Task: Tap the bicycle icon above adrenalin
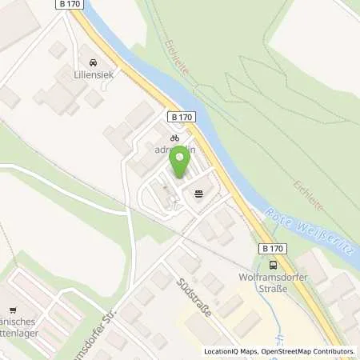tap(174, 138)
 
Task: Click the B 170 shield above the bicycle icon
tap(182, 117)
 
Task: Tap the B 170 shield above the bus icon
tap(274, 250)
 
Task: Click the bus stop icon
tap(274, 266)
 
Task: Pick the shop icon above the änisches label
tap(11, 310)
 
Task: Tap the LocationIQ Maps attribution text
tap(230, 351)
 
